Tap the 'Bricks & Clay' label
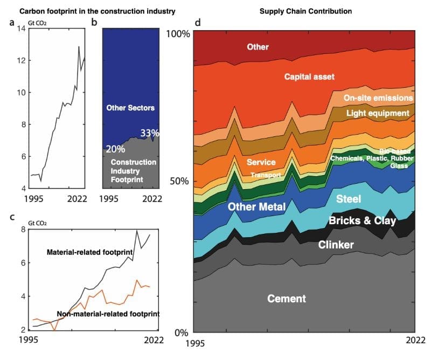tap(362, 220)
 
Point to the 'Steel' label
tap(349, 199)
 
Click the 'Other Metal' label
tap(256, 206)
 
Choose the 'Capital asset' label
tap(309, 77)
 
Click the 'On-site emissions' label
tap(378, 98)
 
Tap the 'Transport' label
tap(263, 175)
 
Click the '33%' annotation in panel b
tap(150, 133)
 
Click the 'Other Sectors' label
tap(130, 108)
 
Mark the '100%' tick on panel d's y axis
tap(176, 33)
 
